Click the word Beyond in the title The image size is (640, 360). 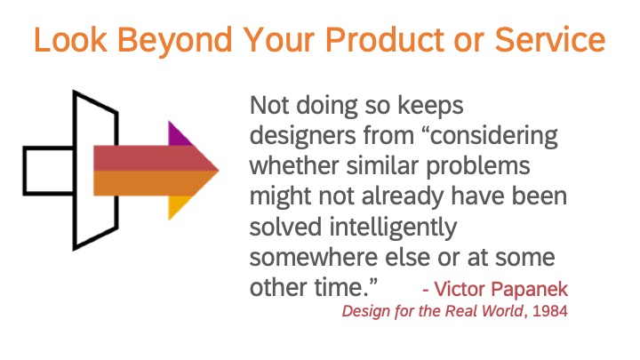[x=175, y=41]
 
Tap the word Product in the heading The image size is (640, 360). [x=385, y=39]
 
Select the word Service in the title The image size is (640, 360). [x=550, y=39]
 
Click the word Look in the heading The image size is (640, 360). [x=70, y=39]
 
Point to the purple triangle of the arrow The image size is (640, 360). [x=178, y=134]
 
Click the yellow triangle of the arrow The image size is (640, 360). [x=178, y=206]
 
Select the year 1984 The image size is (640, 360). [x=550, y=311]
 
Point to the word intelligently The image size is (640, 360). [x=393, y=228]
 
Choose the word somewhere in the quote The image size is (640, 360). [x=314, y=258]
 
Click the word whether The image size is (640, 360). [x=294, y=166]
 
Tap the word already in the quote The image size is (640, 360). [x=403, y=197]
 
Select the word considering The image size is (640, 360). [x=494, y=136]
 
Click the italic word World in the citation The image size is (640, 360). [x=502, y=311]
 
